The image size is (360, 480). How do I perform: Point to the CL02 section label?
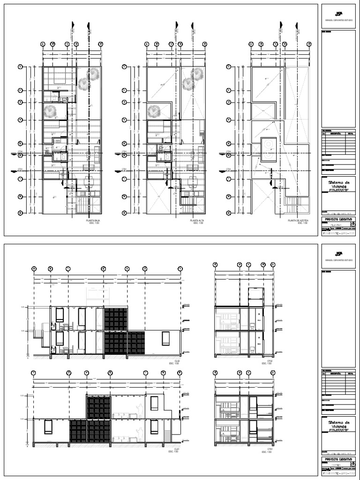177,361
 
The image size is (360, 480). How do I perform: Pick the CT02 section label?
270,361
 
